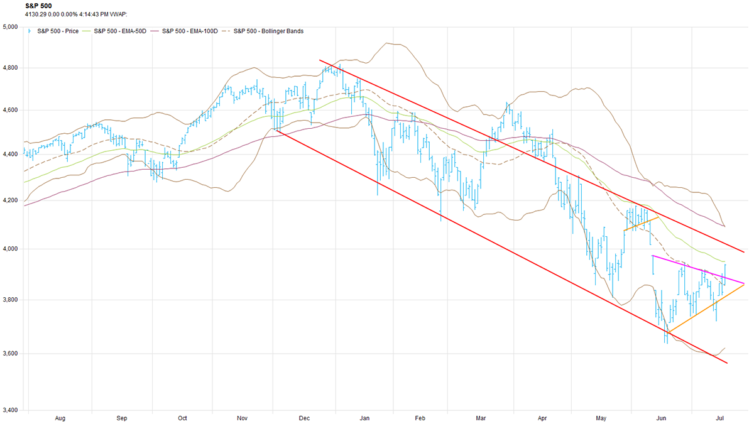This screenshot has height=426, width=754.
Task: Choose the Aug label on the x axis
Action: (61, 417)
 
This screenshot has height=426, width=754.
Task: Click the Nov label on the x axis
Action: (241, 417)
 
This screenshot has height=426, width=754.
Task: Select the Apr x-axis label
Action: (541, 417)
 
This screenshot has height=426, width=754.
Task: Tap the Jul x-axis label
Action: (723, 417)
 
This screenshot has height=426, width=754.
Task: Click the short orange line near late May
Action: (641, 224)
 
